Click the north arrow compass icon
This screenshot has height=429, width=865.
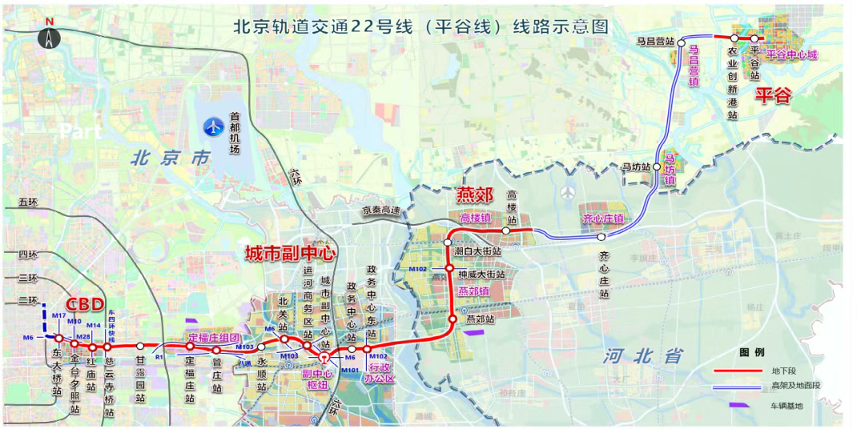click(50, 35)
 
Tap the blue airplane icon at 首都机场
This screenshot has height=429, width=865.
click(214, 126)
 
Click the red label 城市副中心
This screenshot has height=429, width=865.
click(289, 254)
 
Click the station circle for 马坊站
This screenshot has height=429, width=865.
click(657, 166)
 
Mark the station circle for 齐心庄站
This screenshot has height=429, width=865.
click(601, 237)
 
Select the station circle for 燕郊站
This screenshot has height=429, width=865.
click(453, 320)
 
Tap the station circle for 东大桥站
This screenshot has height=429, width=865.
click(58, 339)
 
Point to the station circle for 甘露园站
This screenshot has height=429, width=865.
click(140, 346)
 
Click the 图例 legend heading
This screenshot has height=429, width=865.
click(751, 352)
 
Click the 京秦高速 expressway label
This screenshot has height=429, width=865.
click(380, 210)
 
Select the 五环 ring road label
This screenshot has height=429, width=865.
click(28, 202)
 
